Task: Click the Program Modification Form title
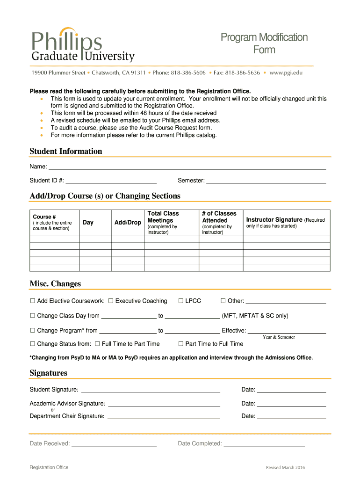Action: [x=264, y=44]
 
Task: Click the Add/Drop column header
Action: [x=128, y=223]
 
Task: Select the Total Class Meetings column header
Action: [x=163, y=217]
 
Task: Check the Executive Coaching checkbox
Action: [x=111, y=301]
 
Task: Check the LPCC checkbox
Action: [x=181, y=301]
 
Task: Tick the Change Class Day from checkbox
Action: [x=33, y=316]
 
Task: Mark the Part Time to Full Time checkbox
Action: [x=181, y=344]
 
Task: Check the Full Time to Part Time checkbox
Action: [x=97, y=344]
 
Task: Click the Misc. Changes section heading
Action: [x=55, y=284]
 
